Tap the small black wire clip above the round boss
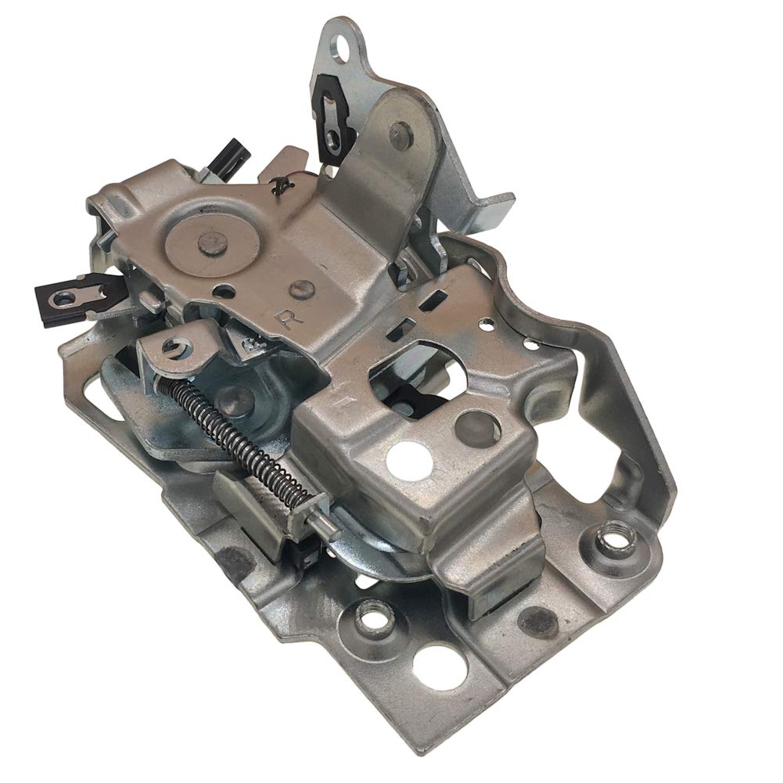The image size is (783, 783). pyautogui.click(x=276, y=185)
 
